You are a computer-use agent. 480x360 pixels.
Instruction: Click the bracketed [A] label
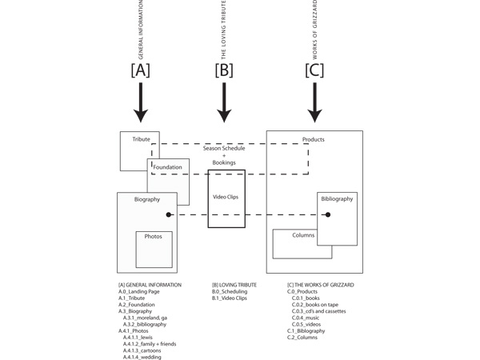(x=140, y=70)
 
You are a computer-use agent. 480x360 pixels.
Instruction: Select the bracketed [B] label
(x=225, y=70)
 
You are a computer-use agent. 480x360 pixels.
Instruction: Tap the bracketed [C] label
(x=315, y=70)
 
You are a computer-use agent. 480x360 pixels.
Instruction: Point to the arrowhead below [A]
(x=140, y=115)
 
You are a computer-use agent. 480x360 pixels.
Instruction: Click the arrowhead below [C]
(x=315, y=115)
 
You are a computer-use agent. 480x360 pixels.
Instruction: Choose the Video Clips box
(x=226, y=197)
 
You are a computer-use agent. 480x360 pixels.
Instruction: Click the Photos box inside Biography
(x=154, y=249)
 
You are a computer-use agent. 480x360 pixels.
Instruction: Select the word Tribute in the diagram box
(x=142, y=139)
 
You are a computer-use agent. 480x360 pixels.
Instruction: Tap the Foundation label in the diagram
(x=168, y=167)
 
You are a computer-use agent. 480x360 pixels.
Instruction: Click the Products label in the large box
(x=314, y=139)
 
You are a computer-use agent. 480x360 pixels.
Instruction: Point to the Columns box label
(x=303, y=235)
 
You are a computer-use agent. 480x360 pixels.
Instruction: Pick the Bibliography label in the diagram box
(x=337, y=198)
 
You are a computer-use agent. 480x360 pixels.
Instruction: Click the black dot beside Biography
(x=169, y=214)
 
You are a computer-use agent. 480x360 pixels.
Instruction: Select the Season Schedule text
(x=224, y=148)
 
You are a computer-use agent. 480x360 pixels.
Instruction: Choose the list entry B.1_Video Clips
(x=230, y=298)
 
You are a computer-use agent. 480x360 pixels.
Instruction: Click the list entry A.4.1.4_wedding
(x=142, y=357)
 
